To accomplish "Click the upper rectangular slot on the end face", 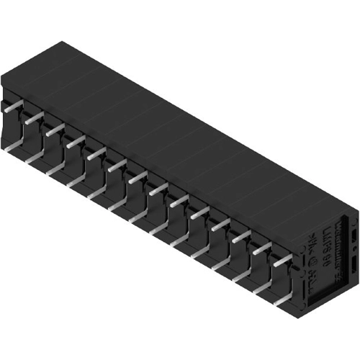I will pyautogui.click(x=353, y=235).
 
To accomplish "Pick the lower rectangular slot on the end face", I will pyautogui.click(x=352, y=264).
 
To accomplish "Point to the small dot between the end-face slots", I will pyautogui.click(x=353, y=249).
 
